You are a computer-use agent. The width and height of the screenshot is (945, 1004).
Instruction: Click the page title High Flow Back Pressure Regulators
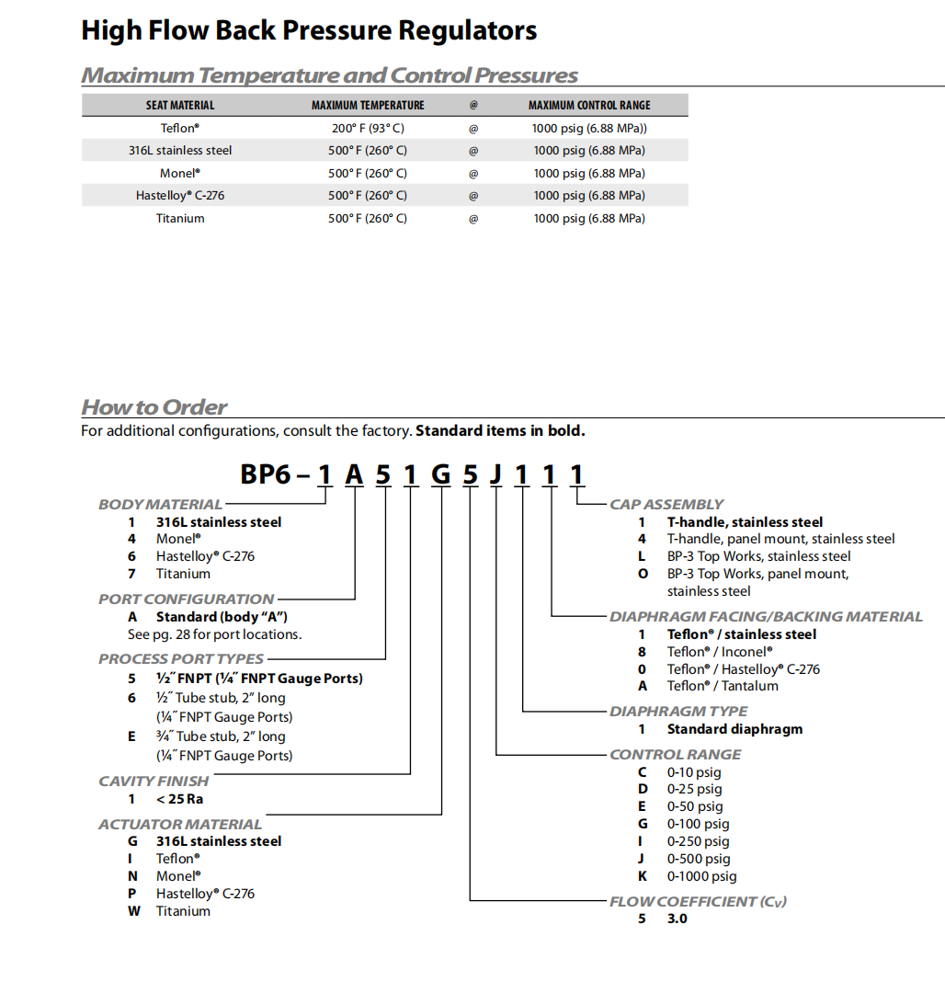click(309, 30)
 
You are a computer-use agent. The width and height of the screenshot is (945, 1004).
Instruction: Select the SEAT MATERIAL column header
click(180, 105)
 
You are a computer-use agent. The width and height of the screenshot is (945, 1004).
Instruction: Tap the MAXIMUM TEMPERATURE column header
click(368, 105)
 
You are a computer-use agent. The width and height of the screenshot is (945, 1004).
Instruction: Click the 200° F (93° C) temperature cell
click(368, 128)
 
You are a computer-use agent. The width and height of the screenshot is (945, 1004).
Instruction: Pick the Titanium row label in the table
click(180, 218)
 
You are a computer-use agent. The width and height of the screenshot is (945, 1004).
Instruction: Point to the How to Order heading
click(154, 407)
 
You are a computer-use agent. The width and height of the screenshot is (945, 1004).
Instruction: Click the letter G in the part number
click(441, 474)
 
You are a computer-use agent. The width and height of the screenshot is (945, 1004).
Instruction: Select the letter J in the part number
click(496, 474)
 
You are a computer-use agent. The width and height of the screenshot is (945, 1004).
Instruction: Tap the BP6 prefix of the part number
click(266, 474)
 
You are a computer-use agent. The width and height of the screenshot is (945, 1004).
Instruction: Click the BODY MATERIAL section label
click(160, 504)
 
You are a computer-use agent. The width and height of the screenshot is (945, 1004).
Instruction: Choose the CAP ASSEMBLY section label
click(666, 504)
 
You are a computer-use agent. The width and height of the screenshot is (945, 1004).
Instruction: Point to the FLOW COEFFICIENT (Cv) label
click(698, 901)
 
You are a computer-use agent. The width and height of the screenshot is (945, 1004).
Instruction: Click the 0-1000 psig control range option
click(701, 876)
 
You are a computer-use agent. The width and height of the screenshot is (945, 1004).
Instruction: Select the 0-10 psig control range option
click(694, 771)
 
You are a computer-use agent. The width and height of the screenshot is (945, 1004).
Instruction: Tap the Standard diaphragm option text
click(734, 729)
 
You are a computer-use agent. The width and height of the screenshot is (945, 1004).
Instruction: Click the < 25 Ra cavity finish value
click(179, 799)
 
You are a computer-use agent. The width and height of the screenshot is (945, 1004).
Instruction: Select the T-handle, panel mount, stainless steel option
click(780, 539)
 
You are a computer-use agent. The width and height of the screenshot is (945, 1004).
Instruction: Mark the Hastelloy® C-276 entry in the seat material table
click(180, 195)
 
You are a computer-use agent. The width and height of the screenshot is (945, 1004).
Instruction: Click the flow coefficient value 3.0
click(677, 918)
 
